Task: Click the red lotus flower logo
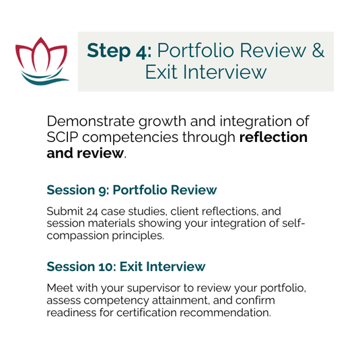(x=41, y=55)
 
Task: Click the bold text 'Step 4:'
(x=119, y=50)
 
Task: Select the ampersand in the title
(x=318, y=50)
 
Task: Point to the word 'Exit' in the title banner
(x=161, y=72)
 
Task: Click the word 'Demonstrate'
(x=91, y=121)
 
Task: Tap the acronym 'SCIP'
(x=62, y=137)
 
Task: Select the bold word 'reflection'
(x=273, y=137)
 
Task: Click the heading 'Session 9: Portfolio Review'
(x=132, y=190)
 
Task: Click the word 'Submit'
(x=65, y=211)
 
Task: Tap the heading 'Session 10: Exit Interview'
(x=126, y=266)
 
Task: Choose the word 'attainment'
(x=181, y=300)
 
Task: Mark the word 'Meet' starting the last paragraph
(x=60, y=288)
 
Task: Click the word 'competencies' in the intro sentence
(x=130, y=138)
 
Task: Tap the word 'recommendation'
(x=225, y=312)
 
